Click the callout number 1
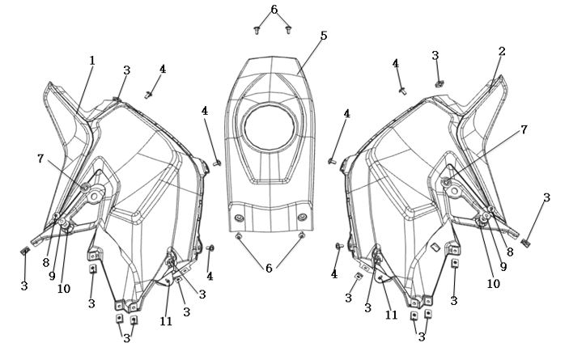click(92, 61)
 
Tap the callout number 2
click(502, 52)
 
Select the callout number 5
click(324, 36)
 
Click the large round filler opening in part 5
click(270, 127)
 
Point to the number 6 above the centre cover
click(274, 10)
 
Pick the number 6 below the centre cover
click(269, 269)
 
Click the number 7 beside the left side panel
click(40, 159)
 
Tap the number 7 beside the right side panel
click(524, 129)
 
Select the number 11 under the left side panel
click(166, 321)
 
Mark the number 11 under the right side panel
click(391, 315)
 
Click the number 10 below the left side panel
click(64, 289)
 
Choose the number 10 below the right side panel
click(493, 283)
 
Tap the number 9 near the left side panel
click(52, 276)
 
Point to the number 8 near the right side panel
click(510, 252)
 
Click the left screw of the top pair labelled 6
click(257, 30)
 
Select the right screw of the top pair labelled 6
click(288, 30)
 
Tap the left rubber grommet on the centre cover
click(239, 218)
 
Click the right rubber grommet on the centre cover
click(302, 218)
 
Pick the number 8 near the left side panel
click(45, 263)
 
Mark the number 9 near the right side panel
click(503, 267)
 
